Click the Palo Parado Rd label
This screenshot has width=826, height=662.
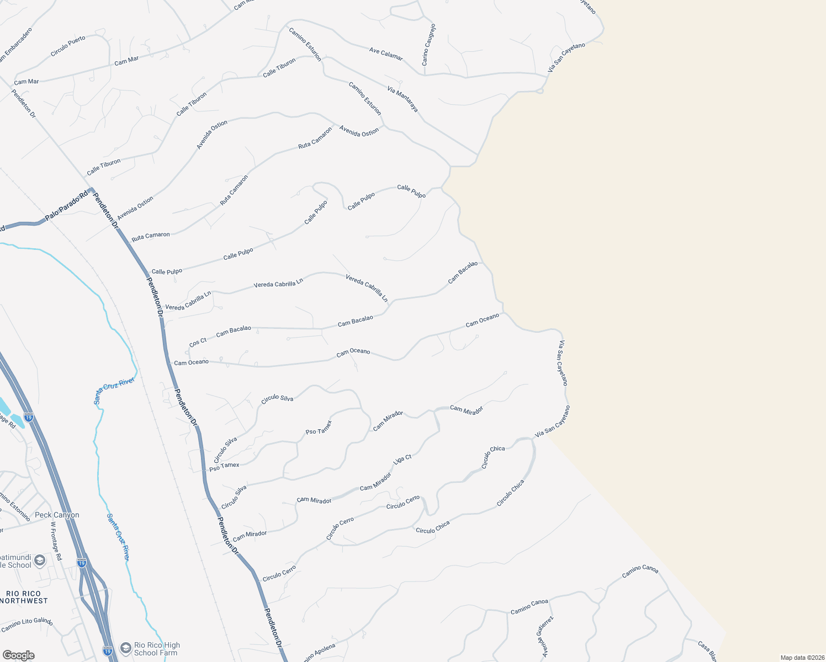(66, 205)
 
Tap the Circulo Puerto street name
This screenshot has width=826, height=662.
(68, 46)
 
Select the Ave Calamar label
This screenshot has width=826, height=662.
(386, 54)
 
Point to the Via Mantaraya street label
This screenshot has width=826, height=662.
(403, 99)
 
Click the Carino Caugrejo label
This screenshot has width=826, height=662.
(429, 45)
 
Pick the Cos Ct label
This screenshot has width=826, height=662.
(198, 342)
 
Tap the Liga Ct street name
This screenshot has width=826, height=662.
(402, 459)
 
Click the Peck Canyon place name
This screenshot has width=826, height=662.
(57, 515)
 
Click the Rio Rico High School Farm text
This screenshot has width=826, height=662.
(157, 649)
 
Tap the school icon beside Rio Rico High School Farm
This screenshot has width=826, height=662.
(125, 647)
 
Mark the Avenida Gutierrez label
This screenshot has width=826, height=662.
(544, 636)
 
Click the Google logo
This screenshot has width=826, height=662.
(18, 655)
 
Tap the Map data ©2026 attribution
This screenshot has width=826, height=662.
(801, 658)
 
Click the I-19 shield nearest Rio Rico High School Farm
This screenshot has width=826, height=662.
(108, 651)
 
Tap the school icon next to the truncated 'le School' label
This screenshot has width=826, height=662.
(39, 561)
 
